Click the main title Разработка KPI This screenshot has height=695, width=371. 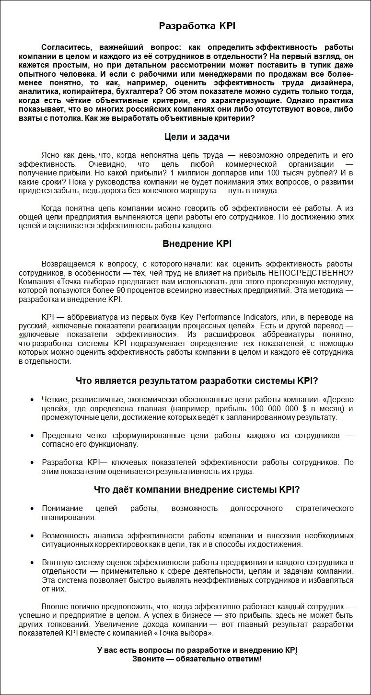tap(197, 26)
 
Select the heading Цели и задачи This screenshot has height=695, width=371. tap(197, 137)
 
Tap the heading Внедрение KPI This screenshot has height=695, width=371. tap(197, 243)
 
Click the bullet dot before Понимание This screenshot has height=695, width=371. tap(32, 509)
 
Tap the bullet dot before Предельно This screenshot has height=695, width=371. tap(32, 436)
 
